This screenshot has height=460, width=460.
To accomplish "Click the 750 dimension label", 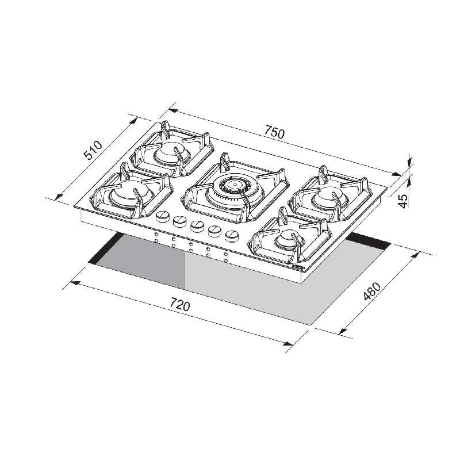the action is point(275,132).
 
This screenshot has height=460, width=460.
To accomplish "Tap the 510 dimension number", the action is point(93,150).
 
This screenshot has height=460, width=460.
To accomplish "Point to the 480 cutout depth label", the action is point(371,292).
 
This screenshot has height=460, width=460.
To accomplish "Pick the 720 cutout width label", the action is point(180,304).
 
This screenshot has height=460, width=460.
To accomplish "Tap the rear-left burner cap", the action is point(168,151).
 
